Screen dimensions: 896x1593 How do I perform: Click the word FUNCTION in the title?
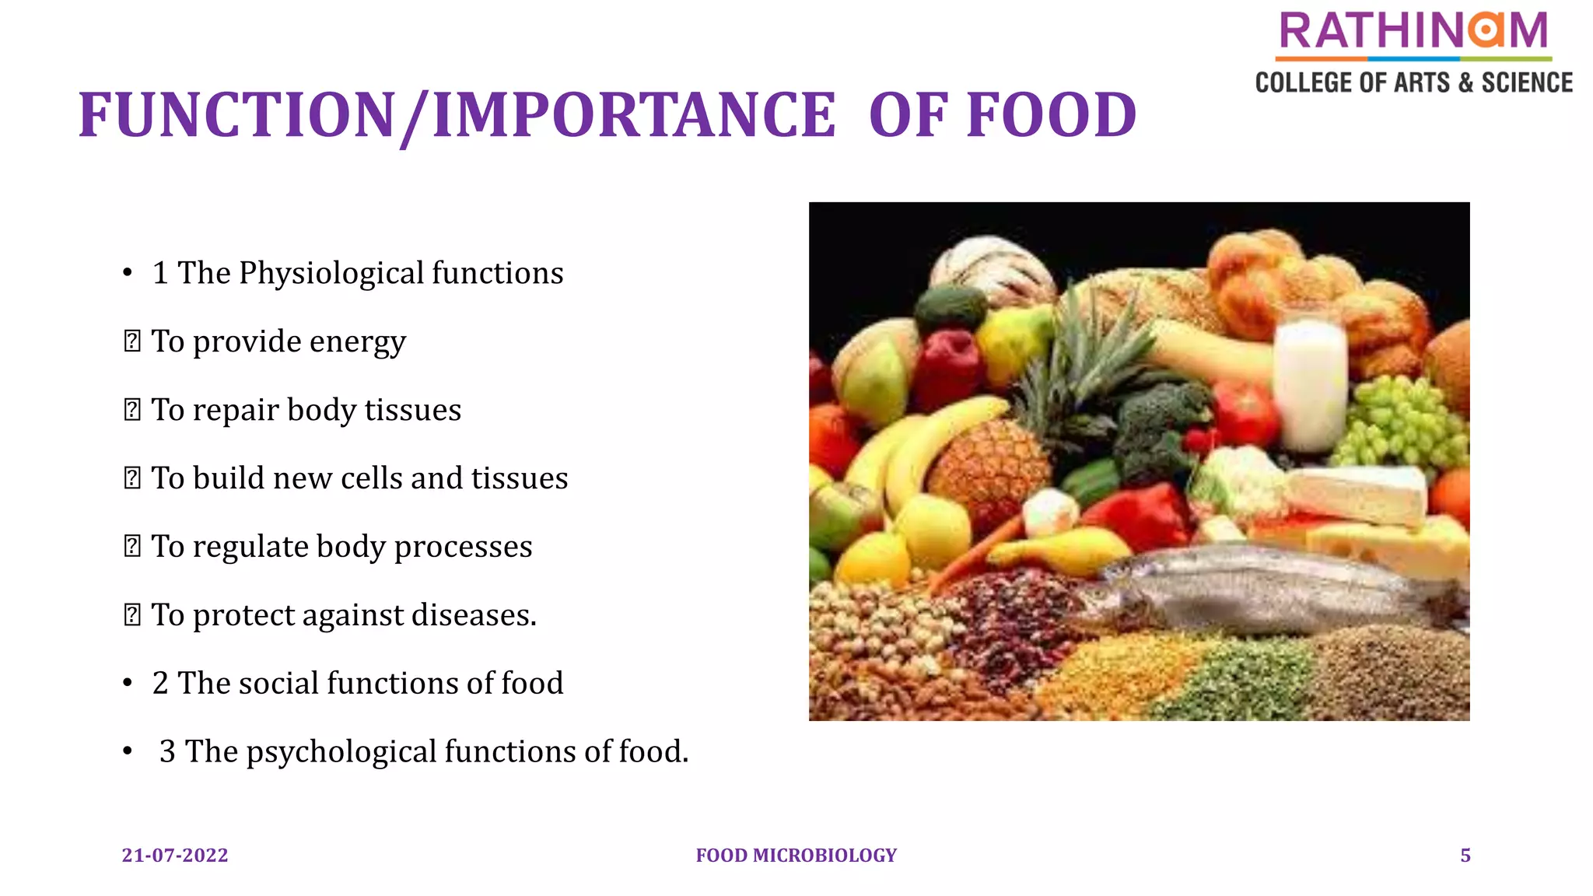coord(237,115)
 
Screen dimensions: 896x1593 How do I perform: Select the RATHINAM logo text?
coord(1413,31)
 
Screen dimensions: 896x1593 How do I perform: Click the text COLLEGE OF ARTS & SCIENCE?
coord(1413,82)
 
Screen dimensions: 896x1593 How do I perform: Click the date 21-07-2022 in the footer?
coord(175,856)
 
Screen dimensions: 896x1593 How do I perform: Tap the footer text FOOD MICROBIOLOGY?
coord(796,856)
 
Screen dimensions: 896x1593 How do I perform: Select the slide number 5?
coord(1465,856)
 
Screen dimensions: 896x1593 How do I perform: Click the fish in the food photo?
coord(1260,591)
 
